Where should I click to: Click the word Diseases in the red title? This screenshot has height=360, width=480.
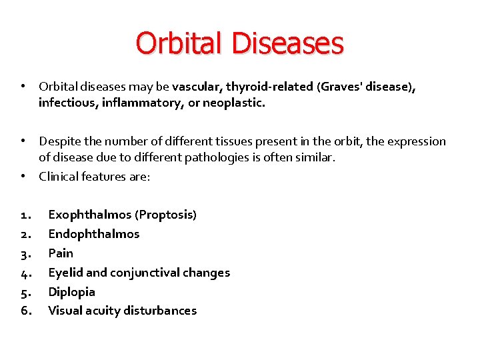coord(288,43)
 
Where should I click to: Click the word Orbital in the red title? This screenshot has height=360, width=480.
coord(181,43)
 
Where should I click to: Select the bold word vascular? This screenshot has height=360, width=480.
coord(197,87)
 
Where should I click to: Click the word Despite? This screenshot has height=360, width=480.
coord(60,141)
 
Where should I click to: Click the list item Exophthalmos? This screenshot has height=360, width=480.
coord(90,215)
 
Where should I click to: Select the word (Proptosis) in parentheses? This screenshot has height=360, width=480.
coord(165,215)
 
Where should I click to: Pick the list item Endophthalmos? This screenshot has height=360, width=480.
coord(94,234)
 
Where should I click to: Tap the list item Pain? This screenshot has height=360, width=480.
coord(61,253)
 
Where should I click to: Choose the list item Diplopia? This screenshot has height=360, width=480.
coord(72,292)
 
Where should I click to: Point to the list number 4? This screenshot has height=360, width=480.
coord(25,273)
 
